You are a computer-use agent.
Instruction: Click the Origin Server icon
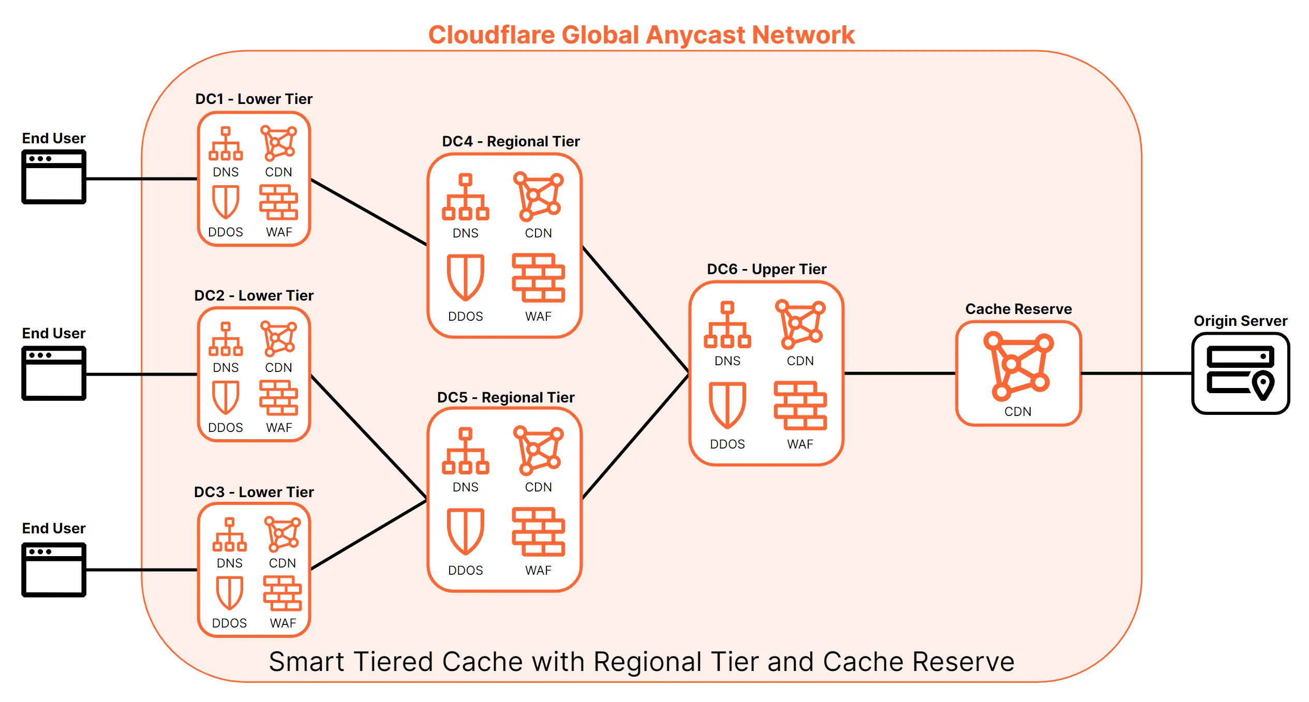(1240, 373)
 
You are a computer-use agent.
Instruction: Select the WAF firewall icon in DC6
(800, 406)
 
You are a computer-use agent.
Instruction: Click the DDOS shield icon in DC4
(465, 277)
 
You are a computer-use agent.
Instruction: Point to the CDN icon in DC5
(538, 450)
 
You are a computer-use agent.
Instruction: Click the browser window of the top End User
(54, 177)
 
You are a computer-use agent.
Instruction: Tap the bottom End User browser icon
(54, 570)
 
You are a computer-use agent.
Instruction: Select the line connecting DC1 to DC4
(368, 212)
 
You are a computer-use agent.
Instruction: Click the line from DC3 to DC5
(368, 535)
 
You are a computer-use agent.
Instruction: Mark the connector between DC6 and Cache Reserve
(899, 373)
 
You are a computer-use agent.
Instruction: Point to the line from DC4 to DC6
(635, 309)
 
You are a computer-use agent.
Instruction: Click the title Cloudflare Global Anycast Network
(641, 35)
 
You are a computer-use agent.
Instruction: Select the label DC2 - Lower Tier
(254, 295)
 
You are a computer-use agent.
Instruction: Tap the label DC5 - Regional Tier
(505, 397)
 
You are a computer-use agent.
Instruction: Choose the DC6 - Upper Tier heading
(766, 269)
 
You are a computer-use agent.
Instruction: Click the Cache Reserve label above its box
(1018, 309)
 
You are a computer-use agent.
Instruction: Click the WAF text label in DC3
(282, 623)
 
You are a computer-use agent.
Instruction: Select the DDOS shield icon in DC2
(226, 397)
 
